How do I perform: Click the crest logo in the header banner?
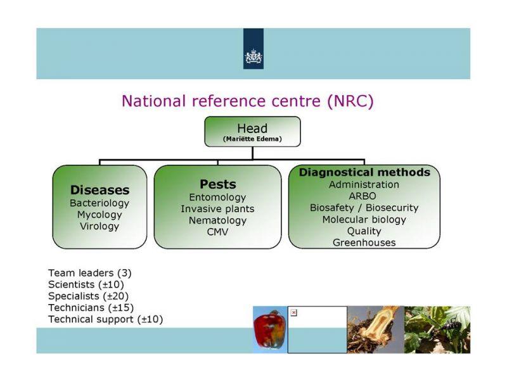[x=253, y=56]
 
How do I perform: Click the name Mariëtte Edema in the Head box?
[x=252, y=139]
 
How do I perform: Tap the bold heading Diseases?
[x=99, y=190]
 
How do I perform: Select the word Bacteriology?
[x=99, y=203]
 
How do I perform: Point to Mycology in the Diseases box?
[x=99, y=215]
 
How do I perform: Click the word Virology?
[x=99, y=226]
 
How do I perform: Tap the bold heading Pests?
[x=217, y=184]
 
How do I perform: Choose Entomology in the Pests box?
[x=217, y=198]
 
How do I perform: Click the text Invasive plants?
[x=217, y=209]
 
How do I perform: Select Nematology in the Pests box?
[x=217, y=220]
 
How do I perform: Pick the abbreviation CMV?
[x=217, y=232]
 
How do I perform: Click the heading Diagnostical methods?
[x=364, y=172]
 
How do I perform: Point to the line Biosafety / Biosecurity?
[x=364, y=208]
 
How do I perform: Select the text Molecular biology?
[x=364, y=220]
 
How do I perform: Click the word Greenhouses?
[x=364, y=243]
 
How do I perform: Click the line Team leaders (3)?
[x=90, y=274]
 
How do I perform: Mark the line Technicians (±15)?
[x=91, y=308]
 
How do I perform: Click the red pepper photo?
[x=270, y=330]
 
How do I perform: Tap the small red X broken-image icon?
[x=293, y=313]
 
